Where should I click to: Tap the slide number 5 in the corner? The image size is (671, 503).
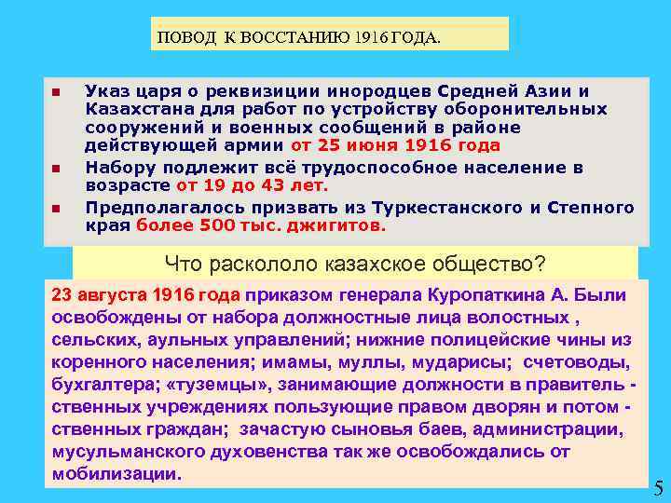(658, 487)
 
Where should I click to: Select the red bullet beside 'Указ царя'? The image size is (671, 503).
(56, 91)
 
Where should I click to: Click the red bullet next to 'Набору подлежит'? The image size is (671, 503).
(56, 169)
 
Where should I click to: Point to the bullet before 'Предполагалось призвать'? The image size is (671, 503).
(56, 208)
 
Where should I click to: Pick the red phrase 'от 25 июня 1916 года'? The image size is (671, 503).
(395, 145)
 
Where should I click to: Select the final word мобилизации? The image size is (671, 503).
(116, 473)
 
